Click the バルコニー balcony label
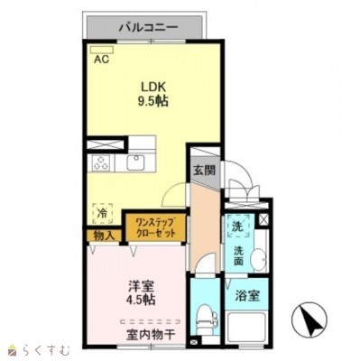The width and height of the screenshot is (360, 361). coord(149,28)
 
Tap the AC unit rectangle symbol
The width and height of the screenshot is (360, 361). coord(102,50)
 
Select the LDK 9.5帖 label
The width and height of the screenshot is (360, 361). coord(153,94)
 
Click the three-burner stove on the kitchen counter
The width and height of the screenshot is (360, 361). coord(101,163)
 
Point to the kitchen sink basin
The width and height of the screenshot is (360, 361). coord(135,162)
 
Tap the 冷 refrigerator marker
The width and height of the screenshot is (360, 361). coord(103,213)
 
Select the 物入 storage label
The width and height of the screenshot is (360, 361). coord(105,236)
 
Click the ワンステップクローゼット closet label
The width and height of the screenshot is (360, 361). coord(155,228)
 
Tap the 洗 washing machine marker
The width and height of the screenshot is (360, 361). coord(238,227)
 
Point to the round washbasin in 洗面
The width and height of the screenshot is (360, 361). coord(259,258)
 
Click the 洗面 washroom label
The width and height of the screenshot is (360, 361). coord(238,255)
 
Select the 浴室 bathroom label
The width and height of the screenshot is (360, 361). coord(247,296)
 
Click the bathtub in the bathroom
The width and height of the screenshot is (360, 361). coord(247,327)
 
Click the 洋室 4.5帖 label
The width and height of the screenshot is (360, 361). coord(142,293)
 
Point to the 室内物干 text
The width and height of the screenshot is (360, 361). coord(151,335)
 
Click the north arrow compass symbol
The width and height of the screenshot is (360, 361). coord(309,319)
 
